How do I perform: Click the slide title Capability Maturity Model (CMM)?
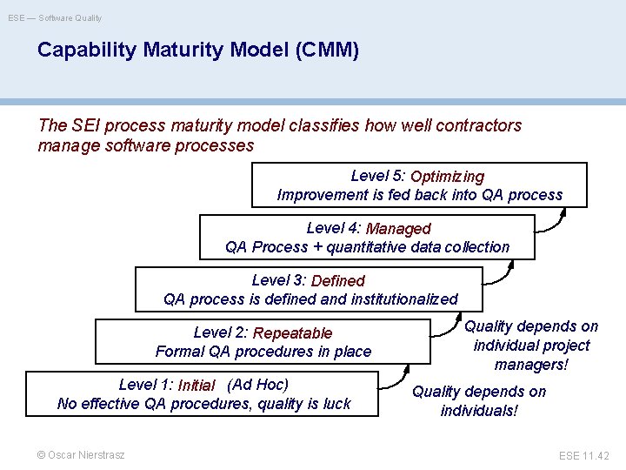click(198, 50)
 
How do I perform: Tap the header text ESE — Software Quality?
click(55, 17)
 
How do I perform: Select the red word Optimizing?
click(447, 178)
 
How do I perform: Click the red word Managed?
click(398, 229)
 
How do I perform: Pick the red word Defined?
click(337, 281)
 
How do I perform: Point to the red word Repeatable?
click(292, 333)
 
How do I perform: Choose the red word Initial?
click(196, 386)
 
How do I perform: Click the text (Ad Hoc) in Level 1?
click(257, 385)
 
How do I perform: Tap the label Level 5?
click(378, 176)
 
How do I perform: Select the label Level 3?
click(278, 280)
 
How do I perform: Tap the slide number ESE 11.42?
click(584, 455)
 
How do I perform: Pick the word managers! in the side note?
click(530, 364)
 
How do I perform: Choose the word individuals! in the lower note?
click(479, 410)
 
